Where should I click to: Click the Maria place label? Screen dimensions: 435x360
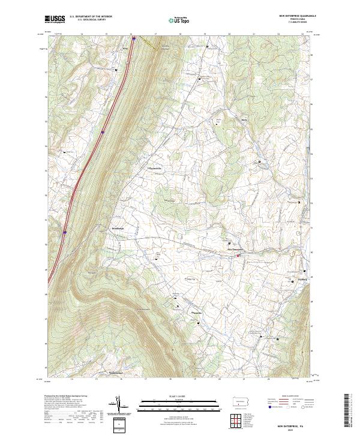coord(244,119)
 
